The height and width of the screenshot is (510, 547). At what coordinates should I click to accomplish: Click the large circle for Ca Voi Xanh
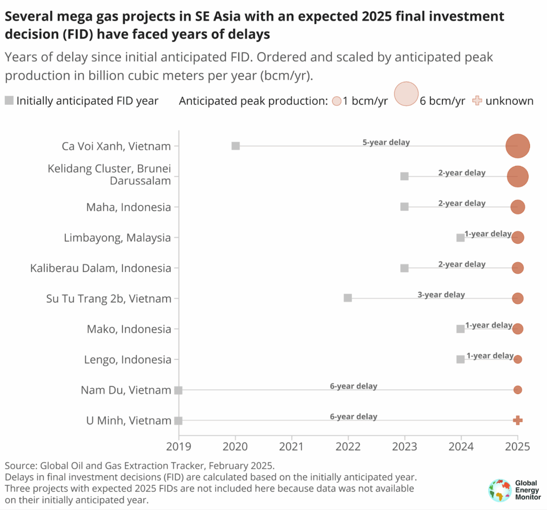click(518, 146)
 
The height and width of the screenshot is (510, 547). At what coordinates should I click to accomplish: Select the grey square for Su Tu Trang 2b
click(348, 298)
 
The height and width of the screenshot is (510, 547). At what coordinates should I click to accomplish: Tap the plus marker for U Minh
click(518, 421)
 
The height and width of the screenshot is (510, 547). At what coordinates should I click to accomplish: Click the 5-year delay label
click(386, 143)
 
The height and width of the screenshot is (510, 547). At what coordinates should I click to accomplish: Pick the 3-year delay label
click(441, 295)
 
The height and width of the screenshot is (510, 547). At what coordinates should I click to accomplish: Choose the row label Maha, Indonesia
click(129, 207)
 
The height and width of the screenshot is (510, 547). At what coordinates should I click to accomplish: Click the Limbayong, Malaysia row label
click(118, 237)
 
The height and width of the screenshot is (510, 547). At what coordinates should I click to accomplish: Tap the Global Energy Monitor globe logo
click(499, 490)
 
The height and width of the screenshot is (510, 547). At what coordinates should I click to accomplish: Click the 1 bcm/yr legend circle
click(337, 101)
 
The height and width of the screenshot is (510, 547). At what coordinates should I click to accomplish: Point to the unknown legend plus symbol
click(478, 101)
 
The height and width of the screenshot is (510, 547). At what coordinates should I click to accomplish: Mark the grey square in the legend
click(10, 101)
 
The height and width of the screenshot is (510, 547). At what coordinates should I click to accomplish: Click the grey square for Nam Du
click(178, 390)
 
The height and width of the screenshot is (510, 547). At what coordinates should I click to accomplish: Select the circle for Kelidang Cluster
click(518, 176)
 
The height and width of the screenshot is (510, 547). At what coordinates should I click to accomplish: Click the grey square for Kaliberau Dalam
click(404, 268)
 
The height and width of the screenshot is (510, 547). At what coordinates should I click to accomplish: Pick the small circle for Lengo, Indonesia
click(518, 359)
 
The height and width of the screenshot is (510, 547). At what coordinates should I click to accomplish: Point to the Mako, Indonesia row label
click(129, 329)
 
